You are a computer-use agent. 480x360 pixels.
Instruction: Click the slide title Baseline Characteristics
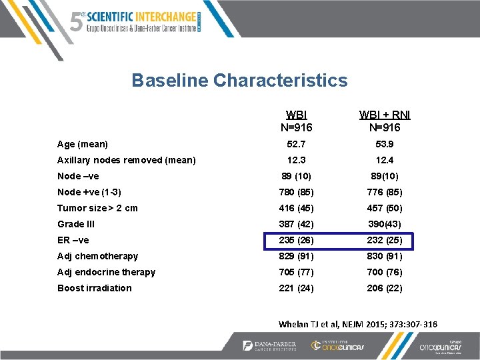239,81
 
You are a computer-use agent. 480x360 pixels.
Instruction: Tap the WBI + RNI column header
385,121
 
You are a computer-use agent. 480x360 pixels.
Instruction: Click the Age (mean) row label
83,144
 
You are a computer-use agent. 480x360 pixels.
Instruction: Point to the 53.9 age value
385,144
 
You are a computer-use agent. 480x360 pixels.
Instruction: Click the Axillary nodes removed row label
127,160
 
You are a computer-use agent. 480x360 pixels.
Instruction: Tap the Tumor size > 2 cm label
97,208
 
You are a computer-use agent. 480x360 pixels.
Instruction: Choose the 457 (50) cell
385,208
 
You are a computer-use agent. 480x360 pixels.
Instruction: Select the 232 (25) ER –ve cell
385,240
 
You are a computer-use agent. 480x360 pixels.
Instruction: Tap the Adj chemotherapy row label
97,256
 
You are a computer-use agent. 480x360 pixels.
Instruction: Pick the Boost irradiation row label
95,288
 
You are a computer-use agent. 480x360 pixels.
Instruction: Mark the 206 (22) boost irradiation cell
385,288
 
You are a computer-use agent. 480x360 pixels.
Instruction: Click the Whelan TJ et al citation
357,324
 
